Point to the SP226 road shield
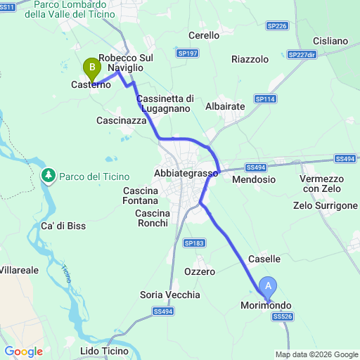[x=277, y=26]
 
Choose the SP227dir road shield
[x=302, y=54]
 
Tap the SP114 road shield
[x=264, y=99]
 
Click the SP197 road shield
[x=188, y=53]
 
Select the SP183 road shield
[x=193, y=243]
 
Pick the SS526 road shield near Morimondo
[x=281, y=317]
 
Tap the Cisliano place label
[x=330, y=41]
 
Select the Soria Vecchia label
[x=170, y=295]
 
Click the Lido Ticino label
[x=105, y=350]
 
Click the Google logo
[x=23, y=352]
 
